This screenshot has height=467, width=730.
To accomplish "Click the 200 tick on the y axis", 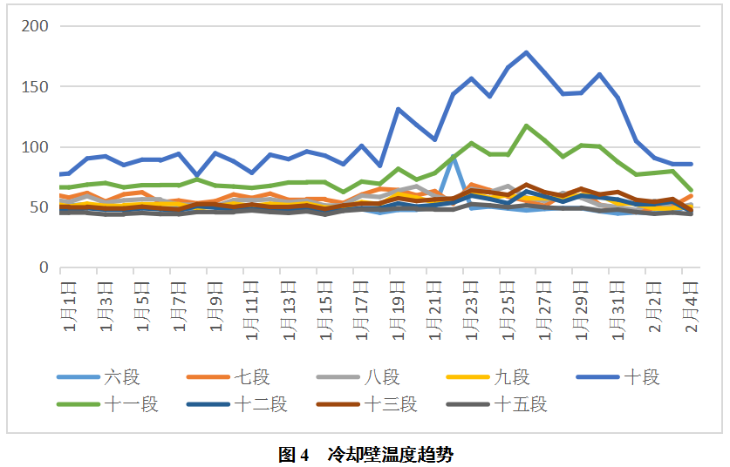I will pos(36,26).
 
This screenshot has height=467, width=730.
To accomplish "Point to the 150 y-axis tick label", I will pos(36,86).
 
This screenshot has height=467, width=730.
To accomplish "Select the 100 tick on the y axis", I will pos(36,146).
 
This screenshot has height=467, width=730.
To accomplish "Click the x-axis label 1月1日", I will pos(68,307).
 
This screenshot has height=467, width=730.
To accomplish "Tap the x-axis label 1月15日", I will pos(324,307).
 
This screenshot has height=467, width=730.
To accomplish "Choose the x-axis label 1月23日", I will pos(471,307).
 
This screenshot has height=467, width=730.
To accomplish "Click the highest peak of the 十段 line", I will pos(526,52).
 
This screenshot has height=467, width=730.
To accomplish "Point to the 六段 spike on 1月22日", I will pos(454,157).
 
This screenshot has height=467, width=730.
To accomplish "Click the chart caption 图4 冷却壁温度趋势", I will pos(365,454).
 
